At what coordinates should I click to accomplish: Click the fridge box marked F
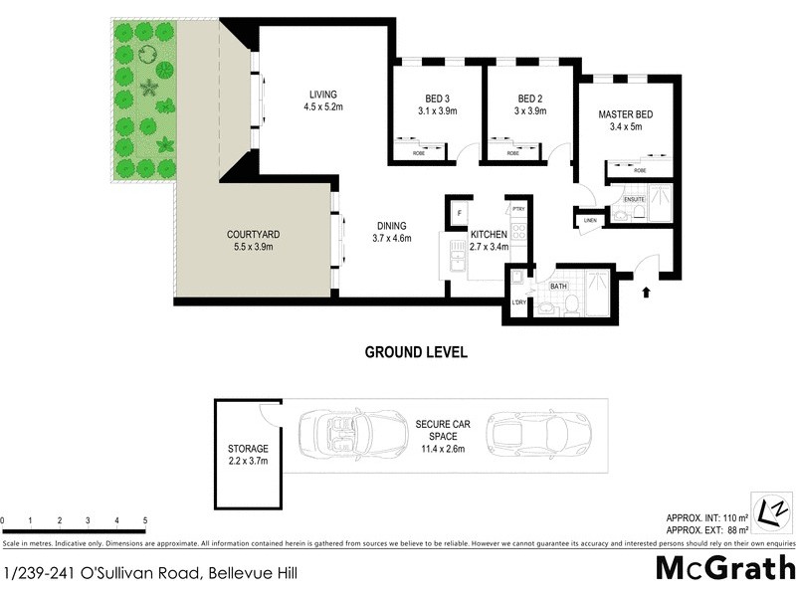(459, 214)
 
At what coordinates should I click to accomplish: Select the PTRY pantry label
(517, 209)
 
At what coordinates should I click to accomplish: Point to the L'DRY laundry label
(518, 302)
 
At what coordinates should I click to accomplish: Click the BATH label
(558, 287)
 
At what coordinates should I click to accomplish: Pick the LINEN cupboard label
(590, 220)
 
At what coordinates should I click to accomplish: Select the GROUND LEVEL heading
(416, 351)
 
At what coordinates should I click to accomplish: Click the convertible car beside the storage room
(340, 434)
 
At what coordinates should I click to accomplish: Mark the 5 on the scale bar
(145, 520)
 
